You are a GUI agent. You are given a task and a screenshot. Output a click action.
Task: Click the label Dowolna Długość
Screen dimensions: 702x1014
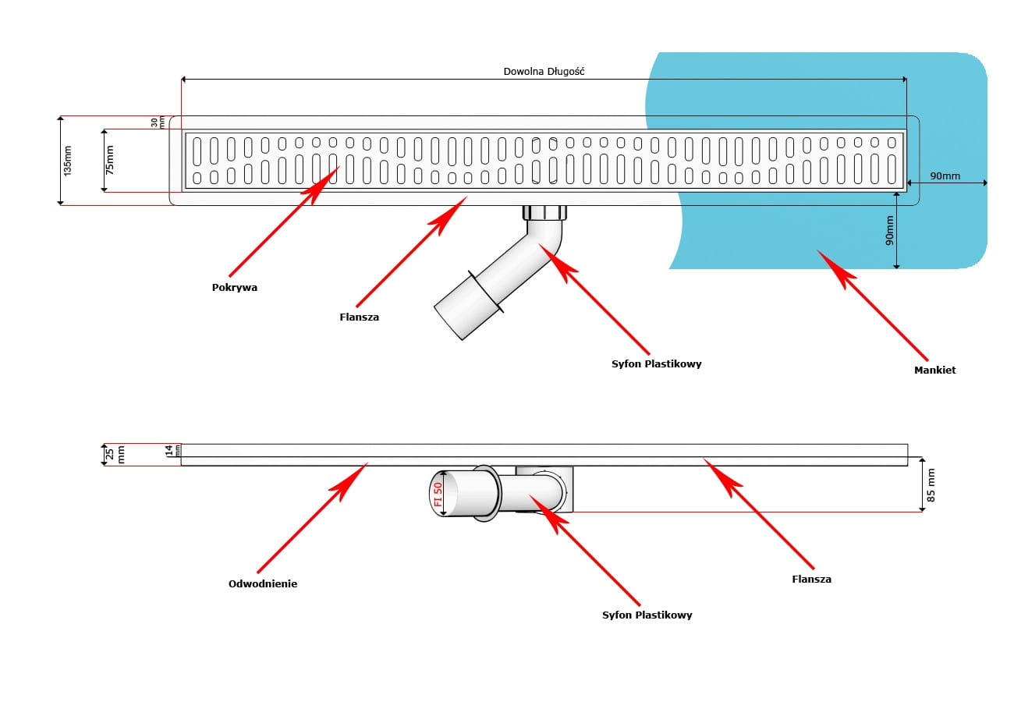pyautogui.click(x=544, y=71)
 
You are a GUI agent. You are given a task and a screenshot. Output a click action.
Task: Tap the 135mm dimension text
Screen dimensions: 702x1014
pyautogui.click(x=67, y=160)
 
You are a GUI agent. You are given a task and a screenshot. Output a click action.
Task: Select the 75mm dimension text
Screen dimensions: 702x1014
pyautogui.click(x=109, y=160)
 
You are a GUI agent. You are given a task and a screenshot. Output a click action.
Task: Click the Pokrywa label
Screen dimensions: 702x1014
pyautogui.click(x=234, y=287)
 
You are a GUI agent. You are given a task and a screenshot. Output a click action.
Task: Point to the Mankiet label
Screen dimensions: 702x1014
pyautogui.click(x=934, y=370)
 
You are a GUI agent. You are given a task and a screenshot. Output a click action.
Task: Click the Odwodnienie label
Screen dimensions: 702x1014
pyautogui.click(x=263, y=583)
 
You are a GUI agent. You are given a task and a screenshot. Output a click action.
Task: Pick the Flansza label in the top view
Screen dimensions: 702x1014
pyautogui.click(x=360, y=317)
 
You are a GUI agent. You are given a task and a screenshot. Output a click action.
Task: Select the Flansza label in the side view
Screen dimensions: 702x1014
pyautogui.click(x=811, y=580)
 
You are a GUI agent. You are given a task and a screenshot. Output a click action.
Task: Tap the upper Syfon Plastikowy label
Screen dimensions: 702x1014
pyautogui.click(x=656, y=363)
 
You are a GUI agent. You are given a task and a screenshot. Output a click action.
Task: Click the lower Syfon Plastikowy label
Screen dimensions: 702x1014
pyautogui.click(x=647, y=615)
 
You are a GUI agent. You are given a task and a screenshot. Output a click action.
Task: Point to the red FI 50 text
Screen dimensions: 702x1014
pyautogui.click(x=438, y=495)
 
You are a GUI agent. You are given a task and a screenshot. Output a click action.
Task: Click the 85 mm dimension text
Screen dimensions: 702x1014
pyautogui.click(x=931, y=485)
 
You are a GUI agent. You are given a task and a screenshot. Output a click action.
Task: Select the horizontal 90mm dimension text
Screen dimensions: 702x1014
pyautogui.click(x=945, y=176)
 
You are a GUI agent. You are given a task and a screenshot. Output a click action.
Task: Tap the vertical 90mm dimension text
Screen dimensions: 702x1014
pyautogui.click(x=890, y=232)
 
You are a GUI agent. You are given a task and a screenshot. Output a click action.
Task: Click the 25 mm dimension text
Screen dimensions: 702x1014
pyautogui.click(x=115, y=455)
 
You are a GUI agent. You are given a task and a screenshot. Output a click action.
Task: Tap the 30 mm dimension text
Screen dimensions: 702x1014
pyautogui.click(x=158, y=122)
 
